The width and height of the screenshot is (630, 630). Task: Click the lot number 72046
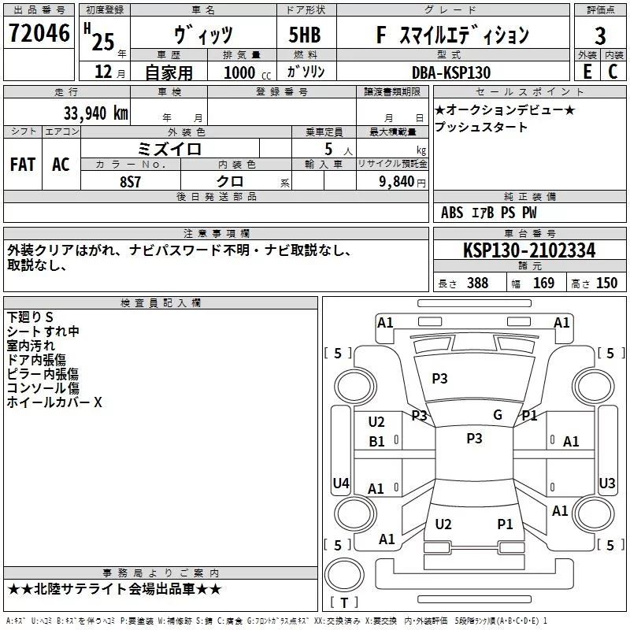[x=39, y=33]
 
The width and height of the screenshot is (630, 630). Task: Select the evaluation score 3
[x=600, y=35]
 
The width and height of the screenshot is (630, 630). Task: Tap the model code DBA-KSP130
[x=451, y=72]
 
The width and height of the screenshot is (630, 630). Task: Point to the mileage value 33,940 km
[x=95, y=113]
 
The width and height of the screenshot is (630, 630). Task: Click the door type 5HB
[x=305, y=35]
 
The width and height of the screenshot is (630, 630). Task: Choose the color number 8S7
[x=130, y=182]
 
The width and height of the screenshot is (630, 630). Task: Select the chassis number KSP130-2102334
[x=529, y=250]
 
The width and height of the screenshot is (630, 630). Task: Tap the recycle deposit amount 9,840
[x=397, y=181]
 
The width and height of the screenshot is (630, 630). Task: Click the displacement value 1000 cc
[x=247, y=72]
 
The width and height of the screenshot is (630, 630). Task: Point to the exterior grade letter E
[x=587, y=72]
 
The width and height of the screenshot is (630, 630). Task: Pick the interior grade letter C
[x=613, y=72]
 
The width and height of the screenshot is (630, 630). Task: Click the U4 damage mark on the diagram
[x=341, y=483]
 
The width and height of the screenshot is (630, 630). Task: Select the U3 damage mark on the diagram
[x=606, y=483]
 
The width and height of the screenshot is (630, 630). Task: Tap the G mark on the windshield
[x=498, y=415]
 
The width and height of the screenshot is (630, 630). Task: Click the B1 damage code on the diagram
[x=376, y=442]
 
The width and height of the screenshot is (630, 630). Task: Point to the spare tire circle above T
[x=344, y=575]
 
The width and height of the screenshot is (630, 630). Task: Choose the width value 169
[x=543, y=283]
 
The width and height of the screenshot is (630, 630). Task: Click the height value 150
[x=606, y=283]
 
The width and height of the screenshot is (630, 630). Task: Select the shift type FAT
[x=23, y=165]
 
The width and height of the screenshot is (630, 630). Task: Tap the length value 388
[x=478, y=283]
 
